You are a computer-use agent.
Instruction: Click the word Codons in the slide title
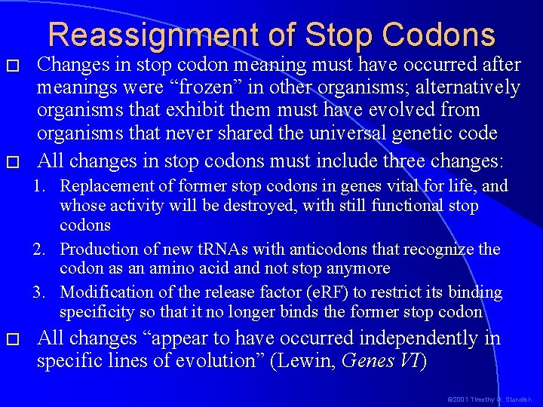438,35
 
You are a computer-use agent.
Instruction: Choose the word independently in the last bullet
400,338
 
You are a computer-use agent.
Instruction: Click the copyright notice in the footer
490,399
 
